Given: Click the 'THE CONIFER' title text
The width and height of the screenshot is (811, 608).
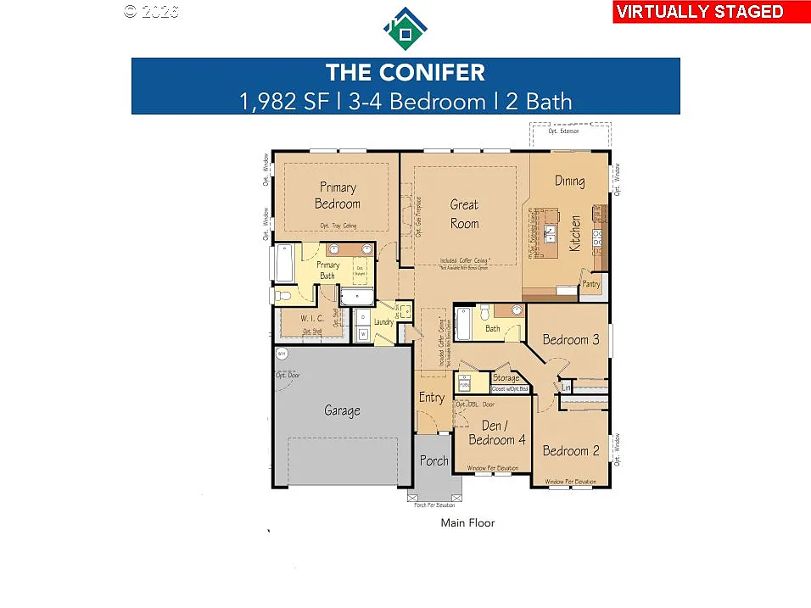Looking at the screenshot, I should point(405,72).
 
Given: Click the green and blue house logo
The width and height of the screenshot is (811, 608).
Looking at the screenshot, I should point(405,30).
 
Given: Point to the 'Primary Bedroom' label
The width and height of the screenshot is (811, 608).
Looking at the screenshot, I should point(338,195).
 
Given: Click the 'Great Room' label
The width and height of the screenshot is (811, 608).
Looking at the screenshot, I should point(464,214).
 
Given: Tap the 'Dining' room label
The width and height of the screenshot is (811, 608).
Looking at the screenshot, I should point(569,181).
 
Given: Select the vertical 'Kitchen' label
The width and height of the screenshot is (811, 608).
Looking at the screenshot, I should point(575,233).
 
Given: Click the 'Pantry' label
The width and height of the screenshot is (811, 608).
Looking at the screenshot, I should point(590,285).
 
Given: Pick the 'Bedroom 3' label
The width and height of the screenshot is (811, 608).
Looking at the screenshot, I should point(571,340).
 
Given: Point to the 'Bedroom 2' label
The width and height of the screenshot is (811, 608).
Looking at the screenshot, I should point(571,450).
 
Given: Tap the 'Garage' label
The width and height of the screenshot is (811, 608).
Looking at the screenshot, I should point(342,410).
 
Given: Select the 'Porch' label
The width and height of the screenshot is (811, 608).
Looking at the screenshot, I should point(433,460).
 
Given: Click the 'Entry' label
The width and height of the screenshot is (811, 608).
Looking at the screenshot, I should point(431,397).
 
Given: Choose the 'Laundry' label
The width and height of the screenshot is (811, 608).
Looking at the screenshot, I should point(383,321).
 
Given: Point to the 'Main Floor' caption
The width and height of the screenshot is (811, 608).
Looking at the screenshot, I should point(467,523).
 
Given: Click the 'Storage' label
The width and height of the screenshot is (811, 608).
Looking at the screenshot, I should point(506,378).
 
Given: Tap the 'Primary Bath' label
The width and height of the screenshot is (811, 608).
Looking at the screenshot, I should point(328,270).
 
